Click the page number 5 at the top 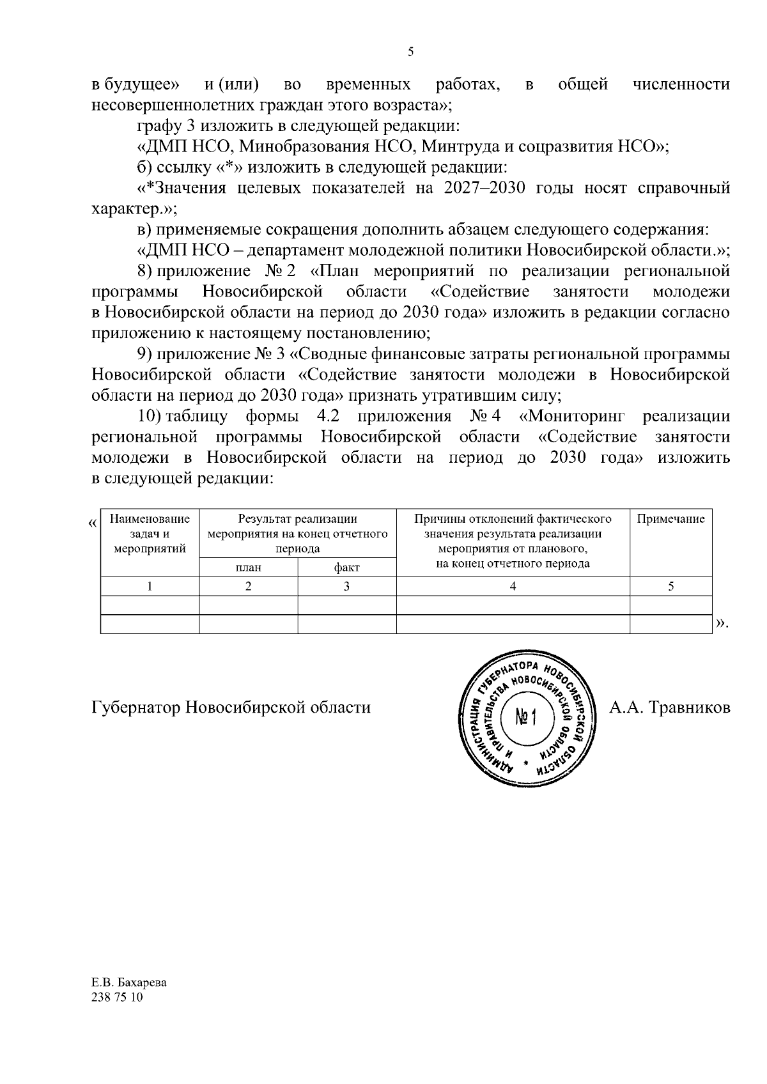(410, 52)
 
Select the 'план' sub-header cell (248, 567)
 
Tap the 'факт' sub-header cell (346, 567)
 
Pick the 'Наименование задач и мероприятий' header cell (150, 534)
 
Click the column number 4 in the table (513, 587)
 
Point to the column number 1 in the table (150, 587)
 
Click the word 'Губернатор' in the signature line (136, 708)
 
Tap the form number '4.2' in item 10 (328, 417)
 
